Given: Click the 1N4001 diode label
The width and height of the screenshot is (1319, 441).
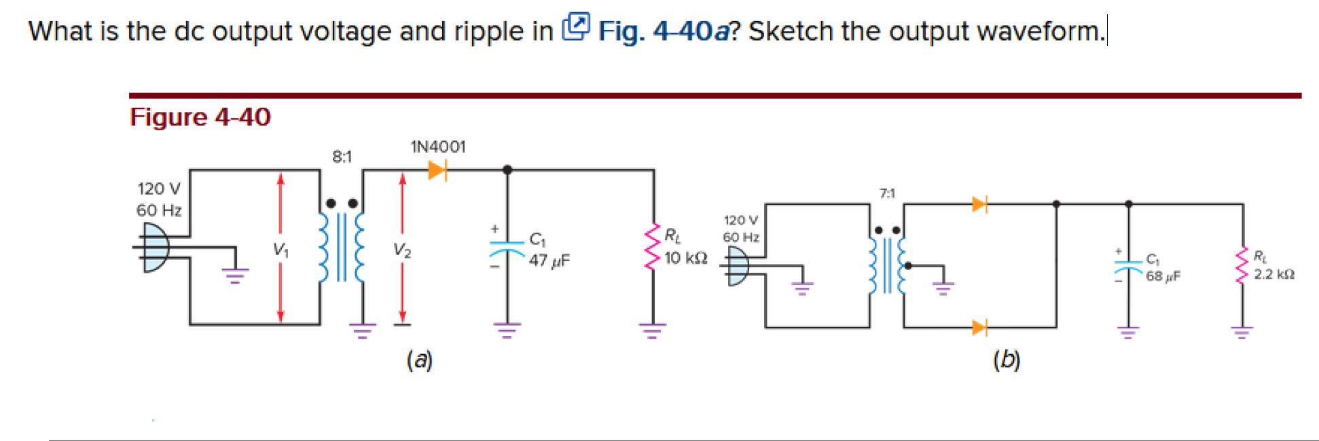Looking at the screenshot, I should (x=438, y=147).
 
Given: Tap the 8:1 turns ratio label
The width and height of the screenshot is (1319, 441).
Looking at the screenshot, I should (x=342, y=157).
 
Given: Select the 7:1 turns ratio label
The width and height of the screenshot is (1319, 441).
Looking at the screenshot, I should (x=887, y=193).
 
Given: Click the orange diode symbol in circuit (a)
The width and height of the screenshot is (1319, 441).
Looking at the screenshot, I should (x=437, y=170).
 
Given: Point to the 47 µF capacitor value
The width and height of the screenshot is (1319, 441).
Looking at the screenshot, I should (x=549, y=261).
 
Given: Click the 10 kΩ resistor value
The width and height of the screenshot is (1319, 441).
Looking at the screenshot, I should (x=685, y=258).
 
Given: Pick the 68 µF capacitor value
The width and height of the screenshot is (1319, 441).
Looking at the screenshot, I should (x=1163, y=276).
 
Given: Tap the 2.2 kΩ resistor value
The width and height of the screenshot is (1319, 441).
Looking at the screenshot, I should (x=1273, y=274).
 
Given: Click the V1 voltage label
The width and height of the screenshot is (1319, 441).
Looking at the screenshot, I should (x=281, y=250).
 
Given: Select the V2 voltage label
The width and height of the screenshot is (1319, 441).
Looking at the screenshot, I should (x=402, y=250).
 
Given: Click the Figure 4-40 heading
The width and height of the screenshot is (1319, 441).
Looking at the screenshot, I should (x=200, y=117).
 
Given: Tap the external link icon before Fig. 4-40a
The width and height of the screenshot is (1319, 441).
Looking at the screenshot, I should (x=575, y=27).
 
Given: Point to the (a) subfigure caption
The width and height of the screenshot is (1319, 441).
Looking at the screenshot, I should (x=419, y=359).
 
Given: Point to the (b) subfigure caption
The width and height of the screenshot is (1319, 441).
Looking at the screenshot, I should (x=1006, y=359).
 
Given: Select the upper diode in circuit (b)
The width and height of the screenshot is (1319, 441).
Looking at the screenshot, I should (x=979, y=204).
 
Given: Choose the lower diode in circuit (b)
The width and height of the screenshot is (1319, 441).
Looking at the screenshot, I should (x=979, y=328).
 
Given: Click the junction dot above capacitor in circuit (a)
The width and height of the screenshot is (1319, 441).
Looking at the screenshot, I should (x=507, y=170).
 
